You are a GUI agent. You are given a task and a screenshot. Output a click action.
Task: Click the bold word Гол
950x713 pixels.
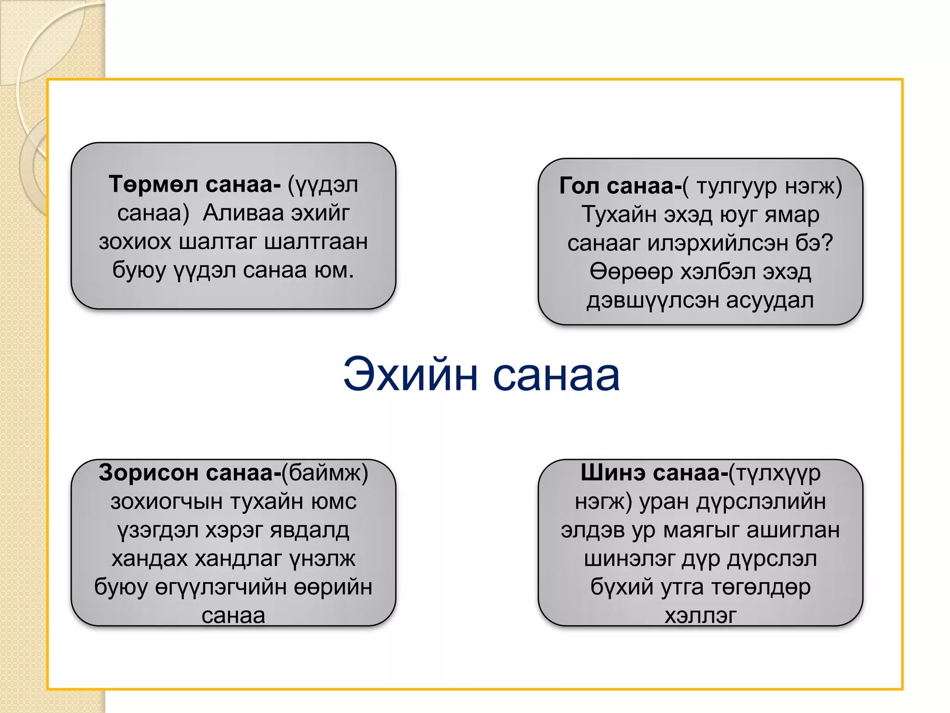point(579,186)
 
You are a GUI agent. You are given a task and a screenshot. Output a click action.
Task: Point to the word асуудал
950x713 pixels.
point(770,300)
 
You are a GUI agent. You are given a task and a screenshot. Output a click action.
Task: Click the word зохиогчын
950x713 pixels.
point(167,501)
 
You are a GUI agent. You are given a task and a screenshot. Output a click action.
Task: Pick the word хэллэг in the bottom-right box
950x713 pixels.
point(700,616)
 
